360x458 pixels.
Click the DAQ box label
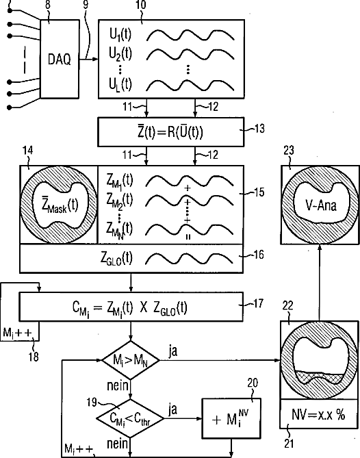pyautogui.click(x=60, y=60)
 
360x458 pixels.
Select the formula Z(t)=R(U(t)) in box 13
pyautogui.click(x=170, y=132)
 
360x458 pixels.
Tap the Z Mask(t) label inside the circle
pyautogui.click(x=60, y=205)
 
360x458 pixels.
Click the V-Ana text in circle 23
pyautogui.click(x=320, y=205)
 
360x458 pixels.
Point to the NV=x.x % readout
pyautogui.click(x=318, y=414)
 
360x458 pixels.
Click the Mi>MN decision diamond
pyautogui.click(x=131, y=360)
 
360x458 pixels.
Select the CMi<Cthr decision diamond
pyautogui.click(x=130, y=418)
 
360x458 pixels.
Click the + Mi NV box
pyautogui.click(x=231, y=418)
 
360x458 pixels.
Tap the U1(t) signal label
pyautogui.click(x=120, y=35)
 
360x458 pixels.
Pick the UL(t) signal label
pyautogui.click(x=120, y=85)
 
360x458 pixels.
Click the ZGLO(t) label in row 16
pyautogui.click(x=116, y=259)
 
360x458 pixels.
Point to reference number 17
pyautogui.click(x=259, y=303)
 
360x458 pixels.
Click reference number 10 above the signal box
pyautogui.click(x=141, y=5)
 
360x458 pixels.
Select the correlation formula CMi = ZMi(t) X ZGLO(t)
pyautogui.click(x=129, y=308)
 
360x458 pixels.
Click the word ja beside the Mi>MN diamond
pyautogui.click(x=173, y=351)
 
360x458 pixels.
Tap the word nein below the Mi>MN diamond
pyautogui.click(x=118, y=386)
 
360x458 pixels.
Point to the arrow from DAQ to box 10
pyautogui.click(x=89, y=60)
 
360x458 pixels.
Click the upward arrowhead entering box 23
pyautogui.click(x=320, y=247)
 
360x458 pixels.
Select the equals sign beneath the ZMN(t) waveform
pyautogui.click(x=188, y=237)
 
